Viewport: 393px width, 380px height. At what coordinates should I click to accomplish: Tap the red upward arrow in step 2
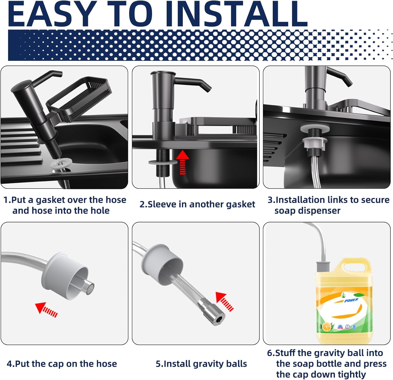tap(182, 163)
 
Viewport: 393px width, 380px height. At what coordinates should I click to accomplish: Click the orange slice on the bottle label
tap(326, 327)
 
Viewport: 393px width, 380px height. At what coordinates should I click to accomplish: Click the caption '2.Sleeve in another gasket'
tap(197, 204)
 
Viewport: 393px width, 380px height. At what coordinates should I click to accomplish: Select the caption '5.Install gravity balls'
tap(201, 364)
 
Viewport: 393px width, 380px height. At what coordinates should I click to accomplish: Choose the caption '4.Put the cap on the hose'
tap(62, 364)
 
